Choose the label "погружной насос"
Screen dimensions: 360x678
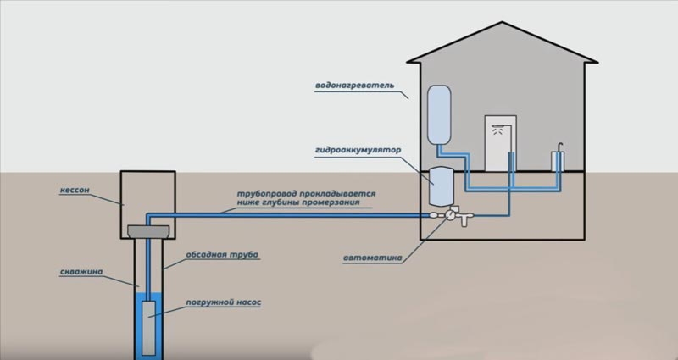point(223,302)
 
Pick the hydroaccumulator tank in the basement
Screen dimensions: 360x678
point(443,186)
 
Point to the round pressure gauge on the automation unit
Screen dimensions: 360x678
point(436,215)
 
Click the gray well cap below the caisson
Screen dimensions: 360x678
point(148,230)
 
